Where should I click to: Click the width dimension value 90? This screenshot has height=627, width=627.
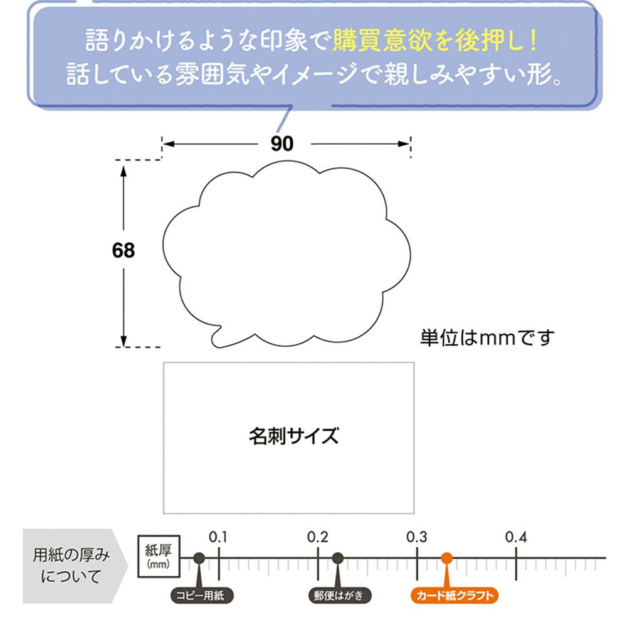pos(282,144)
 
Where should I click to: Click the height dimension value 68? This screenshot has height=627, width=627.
pos(124,251)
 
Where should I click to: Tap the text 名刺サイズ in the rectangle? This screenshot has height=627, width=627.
pos(293,435)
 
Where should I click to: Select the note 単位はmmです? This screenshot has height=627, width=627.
pos(487,338)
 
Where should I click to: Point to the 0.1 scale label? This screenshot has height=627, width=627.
pos(218,537)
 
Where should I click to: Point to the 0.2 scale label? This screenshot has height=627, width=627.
pos(318,537)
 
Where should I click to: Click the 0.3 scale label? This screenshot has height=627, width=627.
pos(416,537)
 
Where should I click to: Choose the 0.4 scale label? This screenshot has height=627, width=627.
pos(515,537)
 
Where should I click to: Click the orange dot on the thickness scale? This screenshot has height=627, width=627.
pos(446,557)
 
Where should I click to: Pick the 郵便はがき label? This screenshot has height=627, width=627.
pos(339,595)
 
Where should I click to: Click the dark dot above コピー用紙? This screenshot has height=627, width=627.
pos(199,557)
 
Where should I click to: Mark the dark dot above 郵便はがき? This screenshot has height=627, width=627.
pos(337,557)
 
